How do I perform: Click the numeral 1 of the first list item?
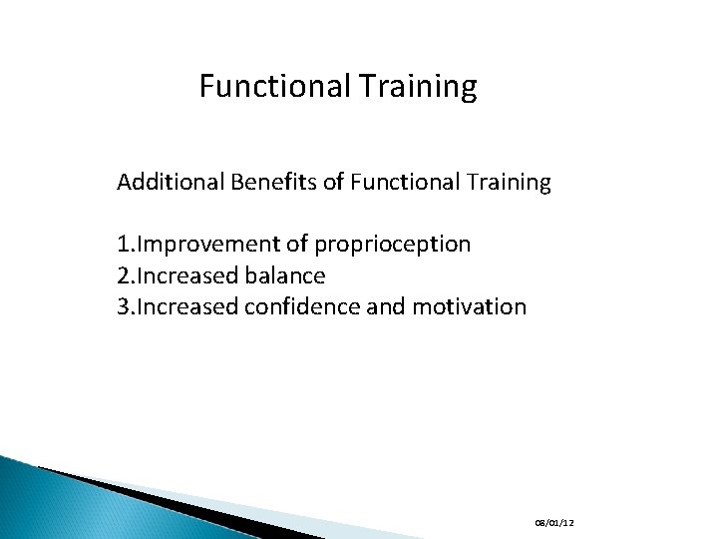[123, 245]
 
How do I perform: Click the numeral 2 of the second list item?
[123, 275]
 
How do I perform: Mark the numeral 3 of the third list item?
[123, 306]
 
